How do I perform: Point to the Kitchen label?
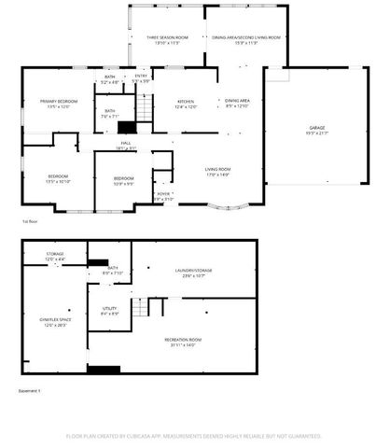point(186,105)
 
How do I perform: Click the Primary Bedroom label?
point(58,104)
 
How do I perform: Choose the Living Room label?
point(218,171)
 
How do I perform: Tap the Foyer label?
point(163,197)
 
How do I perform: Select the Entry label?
point(141,78)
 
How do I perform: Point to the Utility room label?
point(108,312)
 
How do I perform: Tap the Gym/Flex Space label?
point(56,322)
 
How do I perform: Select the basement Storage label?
point(55,256)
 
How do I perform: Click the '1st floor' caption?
point(30,221)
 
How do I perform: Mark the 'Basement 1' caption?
point(30,391)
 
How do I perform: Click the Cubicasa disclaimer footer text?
point(193,436)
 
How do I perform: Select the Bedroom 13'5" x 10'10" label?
point(58,179)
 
